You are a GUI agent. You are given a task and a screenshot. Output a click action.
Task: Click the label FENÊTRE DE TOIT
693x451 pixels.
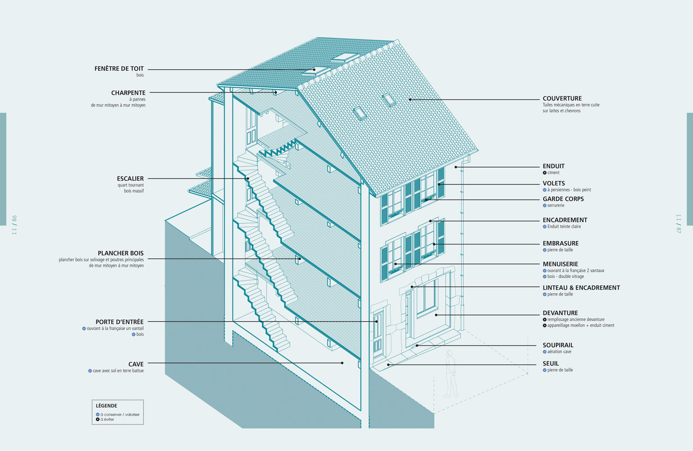coord(119,69)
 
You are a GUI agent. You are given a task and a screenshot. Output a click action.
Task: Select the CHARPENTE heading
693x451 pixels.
coord(128,93)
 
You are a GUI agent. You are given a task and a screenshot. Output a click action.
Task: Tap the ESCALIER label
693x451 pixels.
coord(130,179)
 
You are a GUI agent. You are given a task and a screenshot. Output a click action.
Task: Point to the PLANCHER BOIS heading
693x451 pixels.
coord(121,253)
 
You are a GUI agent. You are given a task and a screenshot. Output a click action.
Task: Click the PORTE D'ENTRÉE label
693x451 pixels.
coord(119,322)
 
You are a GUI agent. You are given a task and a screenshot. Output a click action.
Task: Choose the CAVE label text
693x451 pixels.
coord(136,364)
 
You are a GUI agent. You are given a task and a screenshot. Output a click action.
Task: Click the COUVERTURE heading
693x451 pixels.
coord(562,98)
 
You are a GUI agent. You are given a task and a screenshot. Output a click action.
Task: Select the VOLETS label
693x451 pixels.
coord(554,184)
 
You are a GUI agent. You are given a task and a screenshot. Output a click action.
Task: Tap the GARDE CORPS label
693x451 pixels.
coord(563,199)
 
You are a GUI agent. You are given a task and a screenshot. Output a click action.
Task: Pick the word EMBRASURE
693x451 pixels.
coord(561,244)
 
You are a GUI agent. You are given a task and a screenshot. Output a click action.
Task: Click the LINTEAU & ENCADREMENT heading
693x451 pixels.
coord(581,288)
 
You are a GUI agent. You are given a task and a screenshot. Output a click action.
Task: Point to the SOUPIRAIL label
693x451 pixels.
coord(558,345)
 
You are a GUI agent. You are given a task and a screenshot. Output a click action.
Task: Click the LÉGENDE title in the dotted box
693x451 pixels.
coord(106,406)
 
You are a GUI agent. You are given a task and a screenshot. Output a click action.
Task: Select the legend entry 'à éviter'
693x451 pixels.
coord(107,419)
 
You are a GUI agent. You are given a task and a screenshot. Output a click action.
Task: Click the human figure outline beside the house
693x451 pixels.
coord(450,374)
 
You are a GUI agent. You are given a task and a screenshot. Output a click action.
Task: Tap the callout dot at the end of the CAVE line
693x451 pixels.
coord(342,363)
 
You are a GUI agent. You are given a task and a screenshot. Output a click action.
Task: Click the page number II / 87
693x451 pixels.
coord(679,224)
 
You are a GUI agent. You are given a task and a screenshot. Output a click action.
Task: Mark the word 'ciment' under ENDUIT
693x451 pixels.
coord(553,173)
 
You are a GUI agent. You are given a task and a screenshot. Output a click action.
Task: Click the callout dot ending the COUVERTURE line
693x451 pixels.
coord(410,99)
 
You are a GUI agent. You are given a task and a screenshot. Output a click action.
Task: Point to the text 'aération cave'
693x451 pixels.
coord(559,352)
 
